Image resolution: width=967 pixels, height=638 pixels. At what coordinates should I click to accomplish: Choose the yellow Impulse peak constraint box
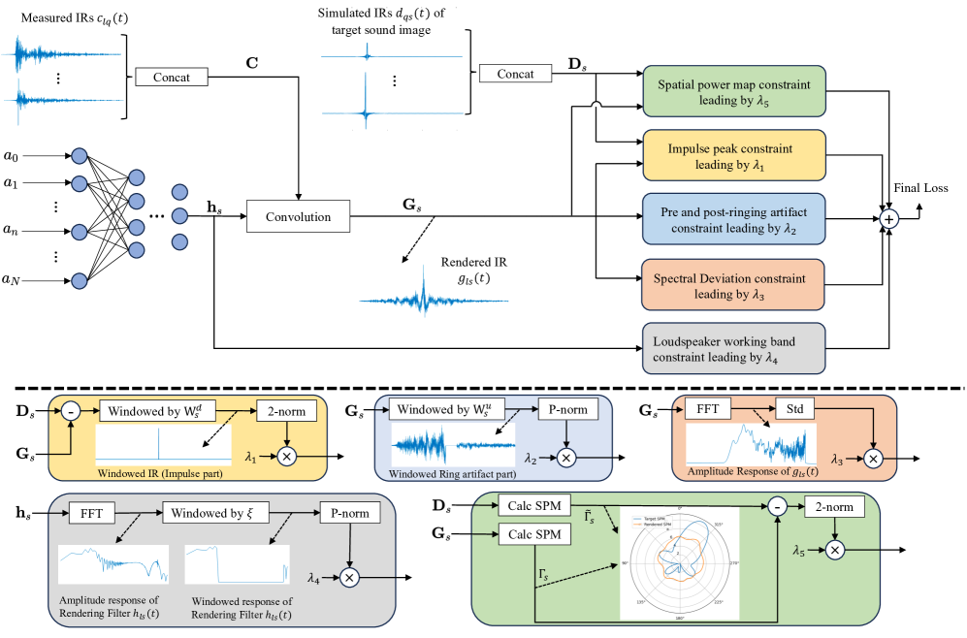coord(732,157)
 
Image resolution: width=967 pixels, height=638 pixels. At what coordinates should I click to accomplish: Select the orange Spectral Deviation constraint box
coord(732,285)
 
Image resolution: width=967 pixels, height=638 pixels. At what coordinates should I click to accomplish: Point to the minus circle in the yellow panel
coord(71,411)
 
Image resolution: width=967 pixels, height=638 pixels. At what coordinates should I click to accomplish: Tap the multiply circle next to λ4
coord(349,578)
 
